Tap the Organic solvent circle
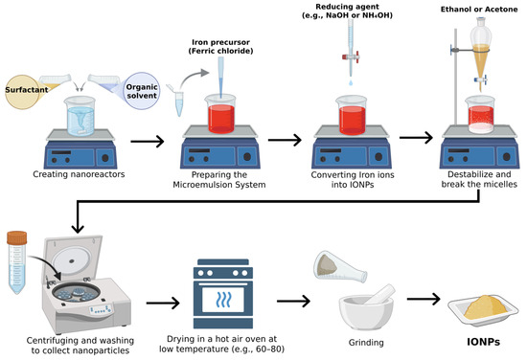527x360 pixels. pyautogui.click(x=142, y=91)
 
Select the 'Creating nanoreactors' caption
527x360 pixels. pyautogui.click(x=79, y=174)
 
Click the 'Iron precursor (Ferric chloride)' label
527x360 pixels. pyautogui.click(x=220, y=46)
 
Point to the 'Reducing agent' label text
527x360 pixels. pyautogui.click(x=347, y=7)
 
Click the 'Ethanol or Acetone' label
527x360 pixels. pyautogui.click(x=479, y=10)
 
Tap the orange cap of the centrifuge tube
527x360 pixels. pyautogui.click(x=17, y=237)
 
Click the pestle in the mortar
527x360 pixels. pyautogui.click(x=380, y=294)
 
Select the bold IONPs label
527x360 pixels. pyautogui.click(x=483, y=342)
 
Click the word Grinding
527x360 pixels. pyautogui.click(x=366, y=343)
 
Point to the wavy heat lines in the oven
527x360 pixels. pyautogui.click(x=223, y=300)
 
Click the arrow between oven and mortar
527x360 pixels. pyautogui.click(x=293, y=301)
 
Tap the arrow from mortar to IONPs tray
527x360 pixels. pyautogui.click(x=424, y=299)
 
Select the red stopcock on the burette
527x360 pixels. pyautogui.click(x=351, y=56)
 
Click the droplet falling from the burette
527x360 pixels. pyautogui.click(x=351, y=82)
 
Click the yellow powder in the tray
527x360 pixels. pyautogui.click(x=483, y=306)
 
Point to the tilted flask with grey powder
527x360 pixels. pyautogui.click(x=340, y=267)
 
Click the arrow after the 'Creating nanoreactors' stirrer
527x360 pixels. pyautogui.click(x=148, y=141)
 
